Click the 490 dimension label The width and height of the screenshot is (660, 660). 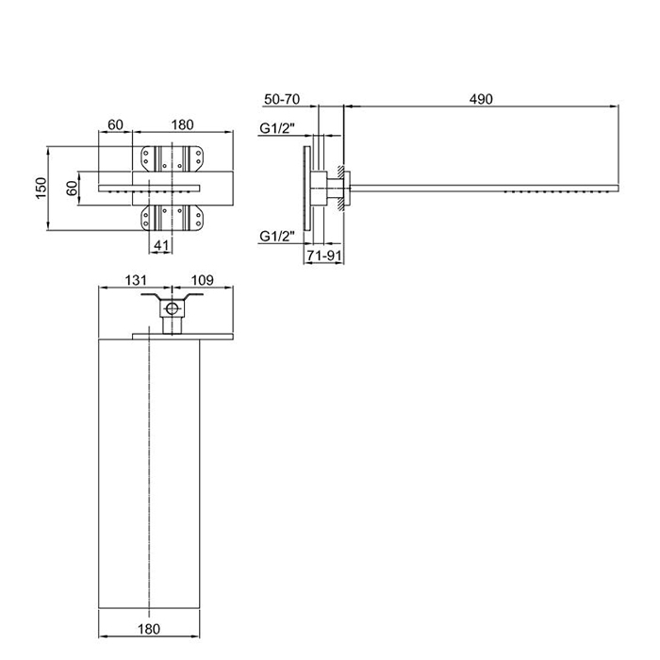click(481, 99)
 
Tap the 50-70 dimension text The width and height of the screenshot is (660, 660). click(282, 99)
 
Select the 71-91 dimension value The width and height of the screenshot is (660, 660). click(323, 256)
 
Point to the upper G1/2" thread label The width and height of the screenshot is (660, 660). click(277, 127)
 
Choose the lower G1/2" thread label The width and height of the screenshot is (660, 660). click(277, 236)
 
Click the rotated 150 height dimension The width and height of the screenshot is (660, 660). click(41, 189)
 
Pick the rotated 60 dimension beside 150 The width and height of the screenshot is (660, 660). click(72, 188)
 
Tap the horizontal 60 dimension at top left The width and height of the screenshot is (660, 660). click(115, 124)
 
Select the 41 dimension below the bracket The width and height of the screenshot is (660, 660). click(161, 245)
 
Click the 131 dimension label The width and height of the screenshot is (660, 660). click(136, 280)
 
